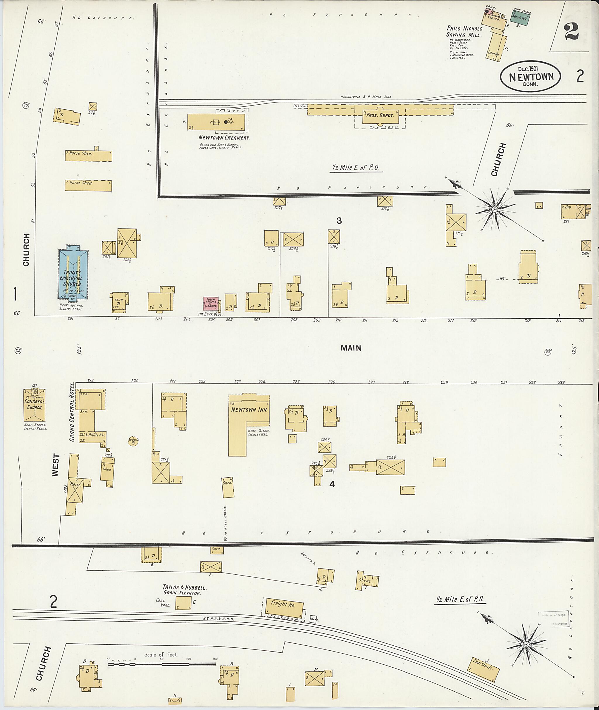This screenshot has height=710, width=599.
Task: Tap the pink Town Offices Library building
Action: point(211,303)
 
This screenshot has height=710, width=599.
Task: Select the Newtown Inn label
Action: point(249,410)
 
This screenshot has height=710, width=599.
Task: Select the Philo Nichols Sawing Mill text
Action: point(464,32)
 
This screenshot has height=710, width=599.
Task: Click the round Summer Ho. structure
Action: point(133,440)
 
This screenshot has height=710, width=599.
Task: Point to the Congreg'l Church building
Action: point(34,405)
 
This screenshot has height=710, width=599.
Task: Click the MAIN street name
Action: point(351,348)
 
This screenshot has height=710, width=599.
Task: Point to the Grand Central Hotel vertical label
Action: point(72,412)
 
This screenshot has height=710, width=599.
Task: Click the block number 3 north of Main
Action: point(339,221)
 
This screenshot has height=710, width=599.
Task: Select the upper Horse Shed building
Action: point(88,156)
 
